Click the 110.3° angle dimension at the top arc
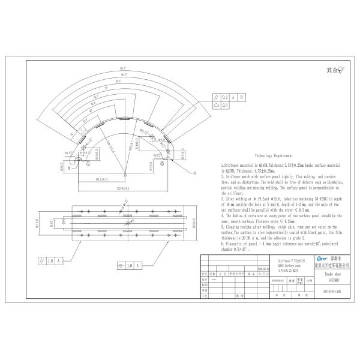[x=125, y=68]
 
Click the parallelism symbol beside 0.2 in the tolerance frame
[x=215, y=96]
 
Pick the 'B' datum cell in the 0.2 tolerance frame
[x=241, y=96]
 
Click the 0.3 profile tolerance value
[x=226, y=104]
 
